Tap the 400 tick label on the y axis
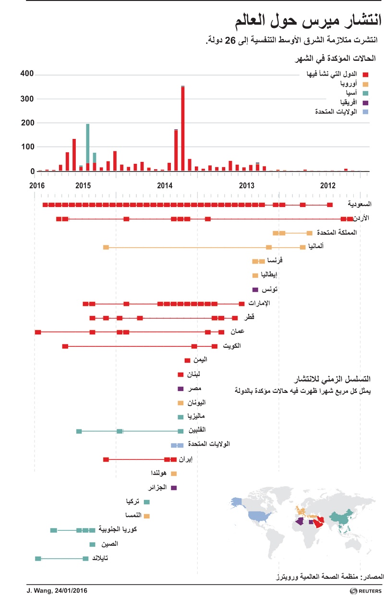tap(26, 74)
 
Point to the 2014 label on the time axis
tap(165, 185)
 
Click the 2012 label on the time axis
tap(328, 185)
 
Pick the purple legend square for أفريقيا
tap(365, 103)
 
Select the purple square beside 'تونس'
tap(255, 289)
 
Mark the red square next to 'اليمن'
tap(187, 360)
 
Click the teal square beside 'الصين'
tap(92, 544)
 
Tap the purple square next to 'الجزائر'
tap(174, 488)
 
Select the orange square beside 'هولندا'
tap(174, 473)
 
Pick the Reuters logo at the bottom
tap(365, 591)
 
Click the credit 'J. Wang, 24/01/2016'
tap(54, 590)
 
